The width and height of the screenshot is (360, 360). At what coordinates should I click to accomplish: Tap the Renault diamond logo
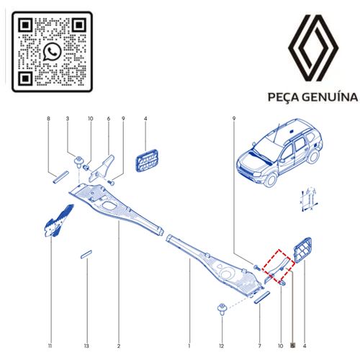[x=313, y=48]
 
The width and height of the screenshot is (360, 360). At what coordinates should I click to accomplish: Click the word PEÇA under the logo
[x=283, y=97]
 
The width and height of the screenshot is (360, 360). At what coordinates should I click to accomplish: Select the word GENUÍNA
[x=330, y=96]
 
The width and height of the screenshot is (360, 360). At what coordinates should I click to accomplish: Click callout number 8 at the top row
[x=49, y=119]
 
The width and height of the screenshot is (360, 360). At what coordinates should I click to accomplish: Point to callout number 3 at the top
[x=68, y=119]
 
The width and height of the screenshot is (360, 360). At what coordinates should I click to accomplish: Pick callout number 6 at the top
[x=109, y=119]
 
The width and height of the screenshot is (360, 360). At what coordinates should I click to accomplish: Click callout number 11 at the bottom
[x=50, y=346]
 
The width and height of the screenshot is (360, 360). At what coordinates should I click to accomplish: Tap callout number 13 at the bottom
[x=86, y=346]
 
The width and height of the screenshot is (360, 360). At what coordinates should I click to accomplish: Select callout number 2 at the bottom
[x=119, y=346]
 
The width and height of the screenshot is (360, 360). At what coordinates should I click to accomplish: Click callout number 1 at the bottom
[x=189, y=346]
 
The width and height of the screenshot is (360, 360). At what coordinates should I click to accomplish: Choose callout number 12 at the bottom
[x=221, y=346]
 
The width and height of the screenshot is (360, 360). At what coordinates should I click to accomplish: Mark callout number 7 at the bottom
[x=259, y=346]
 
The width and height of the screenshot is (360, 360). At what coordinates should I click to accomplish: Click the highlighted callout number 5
[x=292, y=346]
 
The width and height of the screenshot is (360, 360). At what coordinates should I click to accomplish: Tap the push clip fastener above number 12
[x=222, y=309]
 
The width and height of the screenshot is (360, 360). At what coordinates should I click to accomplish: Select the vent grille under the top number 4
[x=147, y=161]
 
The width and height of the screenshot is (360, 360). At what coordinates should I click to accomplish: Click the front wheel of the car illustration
[x=271, y=180]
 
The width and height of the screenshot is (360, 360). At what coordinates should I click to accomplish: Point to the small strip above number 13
[x=86, y=254]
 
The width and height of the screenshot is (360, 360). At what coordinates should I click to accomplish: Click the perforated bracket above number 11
[x=59, y=221]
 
